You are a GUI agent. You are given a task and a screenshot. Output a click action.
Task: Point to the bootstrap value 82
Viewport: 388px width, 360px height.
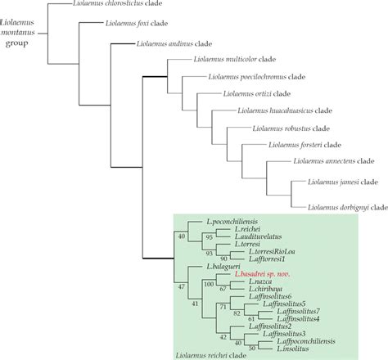[x=237, y=312]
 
